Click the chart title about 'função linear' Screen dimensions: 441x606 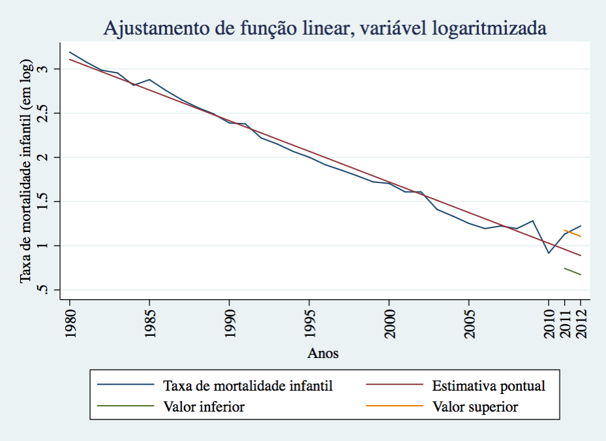324,29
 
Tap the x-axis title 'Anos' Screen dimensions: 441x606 324,353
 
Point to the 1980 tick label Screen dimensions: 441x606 70,320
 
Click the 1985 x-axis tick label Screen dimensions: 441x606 149,320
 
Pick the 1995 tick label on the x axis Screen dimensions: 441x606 309,320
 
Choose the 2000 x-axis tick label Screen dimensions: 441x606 389,320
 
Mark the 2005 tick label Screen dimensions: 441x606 468,320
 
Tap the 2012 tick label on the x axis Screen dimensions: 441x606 581,320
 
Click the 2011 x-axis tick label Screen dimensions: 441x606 565,320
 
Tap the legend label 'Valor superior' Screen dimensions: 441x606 475,407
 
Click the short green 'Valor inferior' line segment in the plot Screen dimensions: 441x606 573,271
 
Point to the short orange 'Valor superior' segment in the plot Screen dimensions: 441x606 573,233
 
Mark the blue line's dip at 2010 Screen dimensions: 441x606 549,253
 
